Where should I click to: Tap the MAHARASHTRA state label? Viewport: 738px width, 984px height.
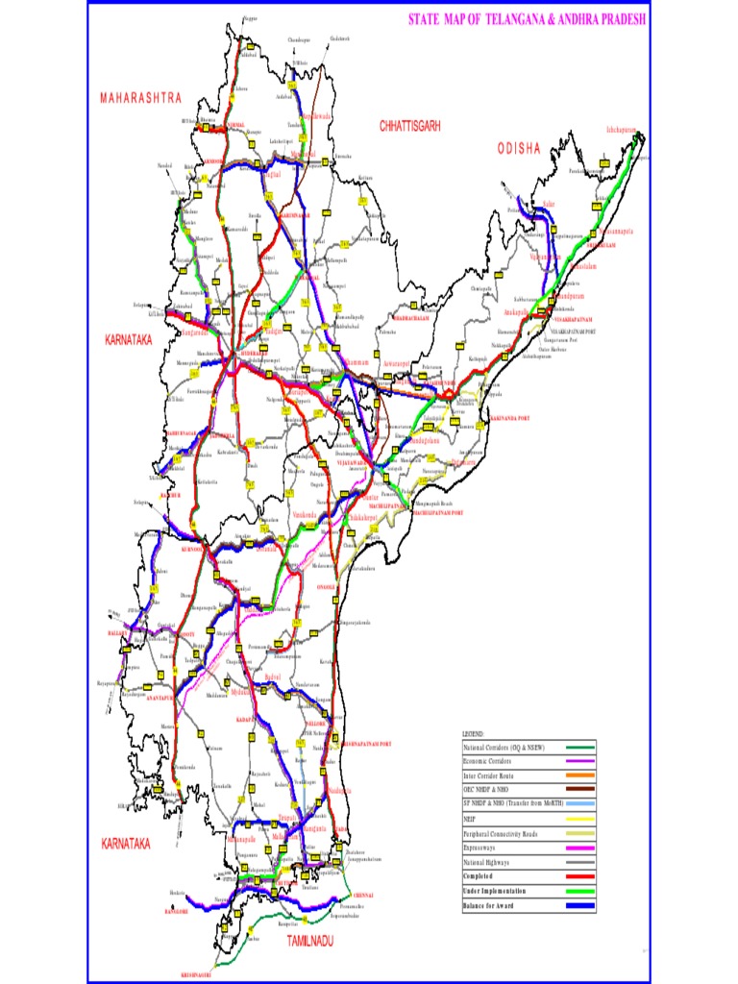140,98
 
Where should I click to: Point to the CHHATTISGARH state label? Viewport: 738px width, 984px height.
409,126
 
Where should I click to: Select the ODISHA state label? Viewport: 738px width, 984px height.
520,148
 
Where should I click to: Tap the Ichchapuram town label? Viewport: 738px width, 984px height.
623,128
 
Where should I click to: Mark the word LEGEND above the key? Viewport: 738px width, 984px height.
475,734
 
